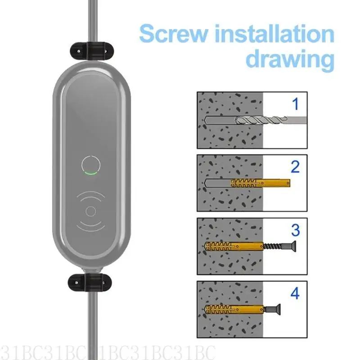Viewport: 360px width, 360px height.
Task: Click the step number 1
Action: pyautogui.click(x=295, y=105)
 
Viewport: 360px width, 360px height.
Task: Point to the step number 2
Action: pyautogui.click(x=295, y=167)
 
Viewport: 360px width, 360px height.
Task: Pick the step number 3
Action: pyautogui.click(x=295, y=230)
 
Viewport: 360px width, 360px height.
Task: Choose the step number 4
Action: pyautogui.click(x=295, y=293)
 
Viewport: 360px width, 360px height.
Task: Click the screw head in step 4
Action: pyautogui.click(x=274, y=309)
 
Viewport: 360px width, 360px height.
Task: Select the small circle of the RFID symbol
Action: pyautogui.click(x=91, y=211)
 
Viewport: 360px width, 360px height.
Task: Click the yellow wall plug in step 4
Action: pyautogui.click(x=229, y=309)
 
